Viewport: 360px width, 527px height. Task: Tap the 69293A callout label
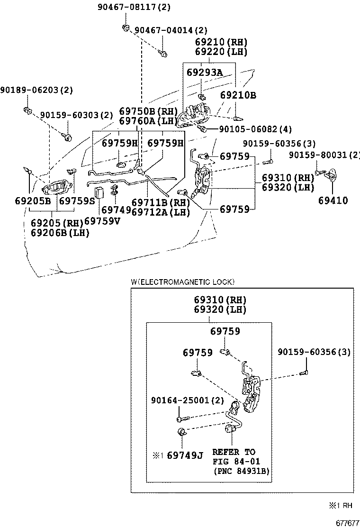click(204, 73)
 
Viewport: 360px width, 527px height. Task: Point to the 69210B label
click(238, 95)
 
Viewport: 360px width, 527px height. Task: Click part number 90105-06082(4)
click(255, 129)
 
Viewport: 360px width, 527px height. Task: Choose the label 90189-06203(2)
click(36, 90)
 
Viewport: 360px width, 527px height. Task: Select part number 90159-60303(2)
click(77, 115)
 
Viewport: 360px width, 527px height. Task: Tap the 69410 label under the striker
click(333, 200)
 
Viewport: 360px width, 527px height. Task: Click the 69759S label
click(77, 200)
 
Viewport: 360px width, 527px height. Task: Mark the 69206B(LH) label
click(60, 233)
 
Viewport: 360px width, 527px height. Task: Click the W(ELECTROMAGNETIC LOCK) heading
click(182, 282)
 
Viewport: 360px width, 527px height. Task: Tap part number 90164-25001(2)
click(187, 400)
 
